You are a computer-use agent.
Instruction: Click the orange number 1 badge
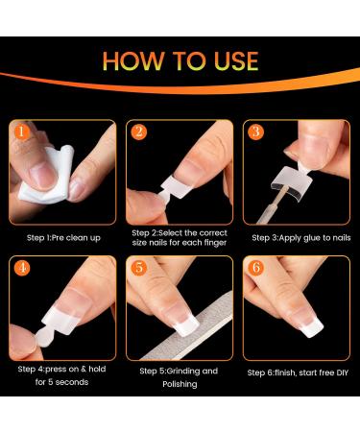[21, 132]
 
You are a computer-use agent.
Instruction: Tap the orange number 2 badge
[139, 132]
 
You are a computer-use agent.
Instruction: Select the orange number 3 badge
[256, 132]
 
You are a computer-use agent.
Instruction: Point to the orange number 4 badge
[22, 268]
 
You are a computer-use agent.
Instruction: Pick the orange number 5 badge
[139, 268]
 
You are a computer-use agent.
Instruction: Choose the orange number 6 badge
[256, 268]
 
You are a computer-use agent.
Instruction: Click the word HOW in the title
[132, 60]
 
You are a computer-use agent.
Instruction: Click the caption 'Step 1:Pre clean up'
[63, 238]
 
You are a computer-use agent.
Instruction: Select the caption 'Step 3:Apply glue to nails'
[301, 238]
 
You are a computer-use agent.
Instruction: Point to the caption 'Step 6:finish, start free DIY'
[298, 372]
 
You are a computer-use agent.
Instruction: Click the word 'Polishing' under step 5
[180, 384]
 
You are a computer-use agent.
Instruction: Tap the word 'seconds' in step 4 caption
[72, 382]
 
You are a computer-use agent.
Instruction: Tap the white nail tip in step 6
[311, 328]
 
